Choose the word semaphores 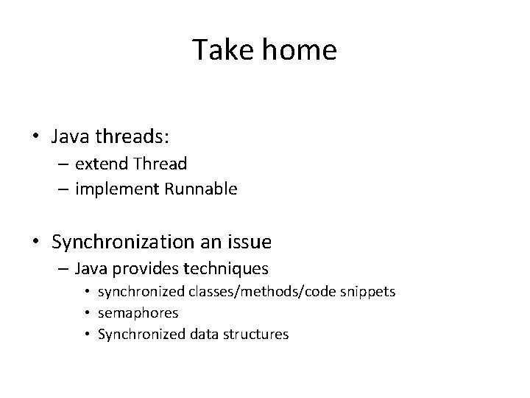(x=138, y=313)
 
